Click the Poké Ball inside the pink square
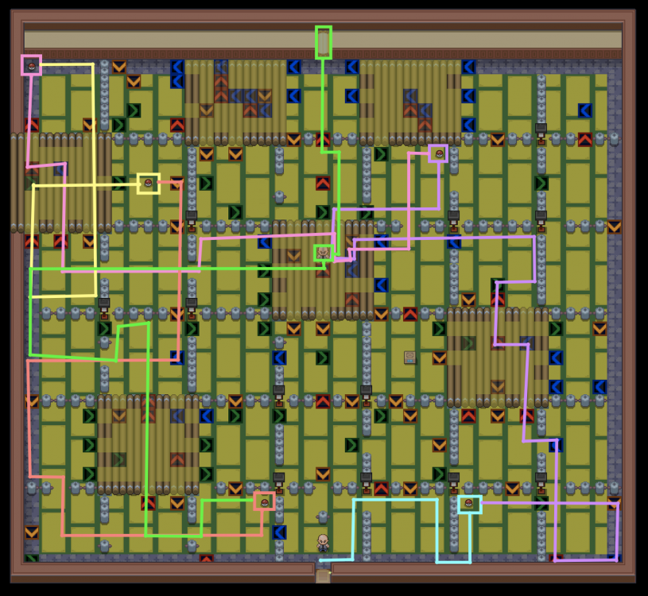31,65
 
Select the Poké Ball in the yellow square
148,183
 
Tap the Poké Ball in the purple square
438,153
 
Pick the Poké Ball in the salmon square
264,501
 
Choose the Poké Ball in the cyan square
469,504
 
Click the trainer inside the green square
323,253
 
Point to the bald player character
323,543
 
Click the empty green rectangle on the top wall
323,42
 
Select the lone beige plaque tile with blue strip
409,358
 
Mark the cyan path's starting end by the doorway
321,560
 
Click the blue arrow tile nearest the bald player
279,532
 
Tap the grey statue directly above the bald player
322,517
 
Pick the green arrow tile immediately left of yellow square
119,183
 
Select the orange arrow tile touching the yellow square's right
177,184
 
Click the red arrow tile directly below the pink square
32,125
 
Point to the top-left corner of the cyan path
354,500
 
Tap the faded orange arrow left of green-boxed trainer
293,256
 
